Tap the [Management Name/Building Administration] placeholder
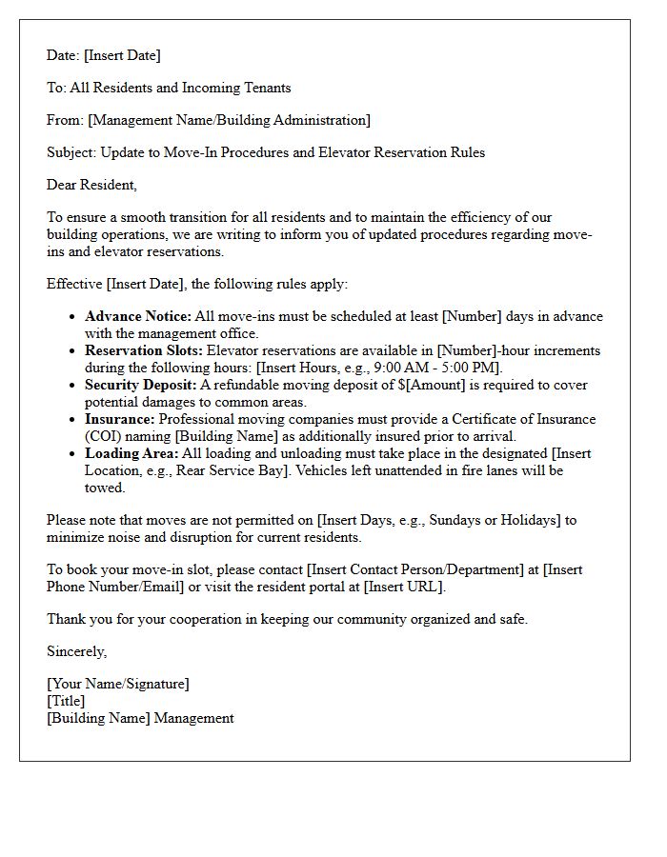[229, 120]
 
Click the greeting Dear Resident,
[91, 185]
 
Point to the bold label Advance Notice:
[137, 316]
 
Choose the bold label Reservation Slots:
[144, 350]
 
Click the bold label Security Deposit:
[140, 385]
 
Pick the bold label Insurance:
[119, 419]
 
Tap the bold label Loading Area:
[131, 453]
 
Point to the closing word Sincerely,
[77, 651]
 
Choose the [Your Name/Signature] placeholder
[118, 684]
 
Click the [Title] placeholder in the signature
[66, 701]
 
